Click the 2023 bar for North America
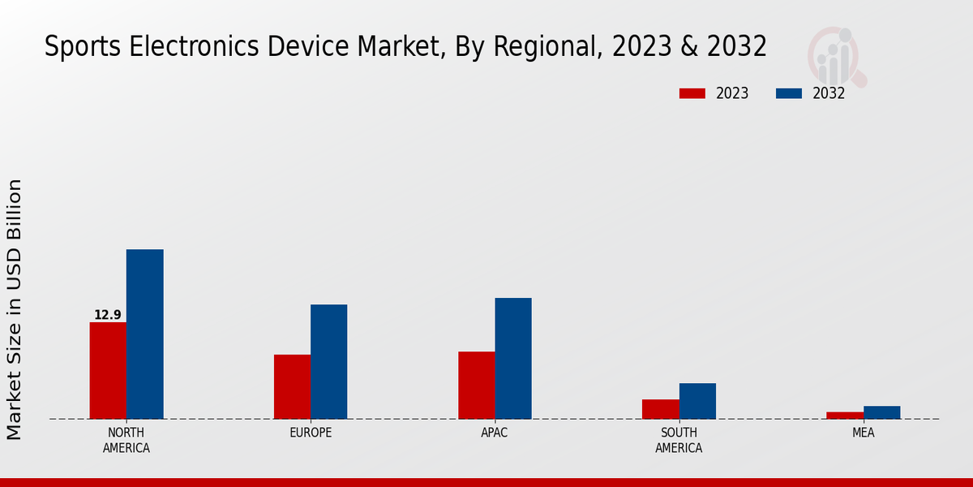(x=108, y=371)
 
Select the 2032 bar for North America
(x=144, y=334)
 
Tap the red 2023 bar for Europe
(x=292, y=387)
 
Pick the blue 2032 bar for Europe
(x=328, y=362)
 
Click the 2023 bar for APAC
(x=476, y=386)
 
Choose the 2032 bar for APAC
(x=513, y=359)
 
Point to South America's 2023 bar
(x=660, y=409)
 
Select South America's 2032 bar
(x=697, y=401)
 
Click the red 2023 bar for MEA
(x=845, y=416)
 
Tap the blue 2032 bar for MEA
(x=881, y=412)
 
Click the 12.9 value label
(x=108, y=315)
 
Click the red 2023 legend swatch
(x=692, y=93)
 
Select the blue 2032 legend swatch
(x=788, y=93)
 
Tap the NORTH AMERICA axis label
(x=126, y=440)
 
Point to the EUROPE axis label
(x=311, y=433)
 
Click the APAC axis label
(x=495, y=433)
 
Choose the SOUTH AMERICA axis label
(x=679, y=440)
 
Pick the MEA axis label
(x=863, y=433)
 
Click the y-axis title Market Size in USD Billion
(x=15, y=309)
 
